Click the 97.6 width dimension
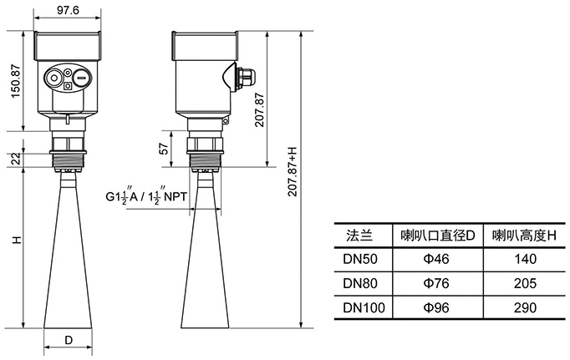[x=69, y=9]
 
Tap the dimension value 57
[x=165, y=149]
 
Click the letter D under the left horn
[x=69, y=341]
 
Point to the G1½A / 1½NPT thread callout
[x=147, y=197]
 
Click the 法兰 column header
[x=357, y=236]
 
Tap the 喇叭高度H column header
[x=523, y=236]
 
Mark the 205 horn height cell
[x=523, y=283]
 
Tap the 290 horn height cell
[x=523, y=307]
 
